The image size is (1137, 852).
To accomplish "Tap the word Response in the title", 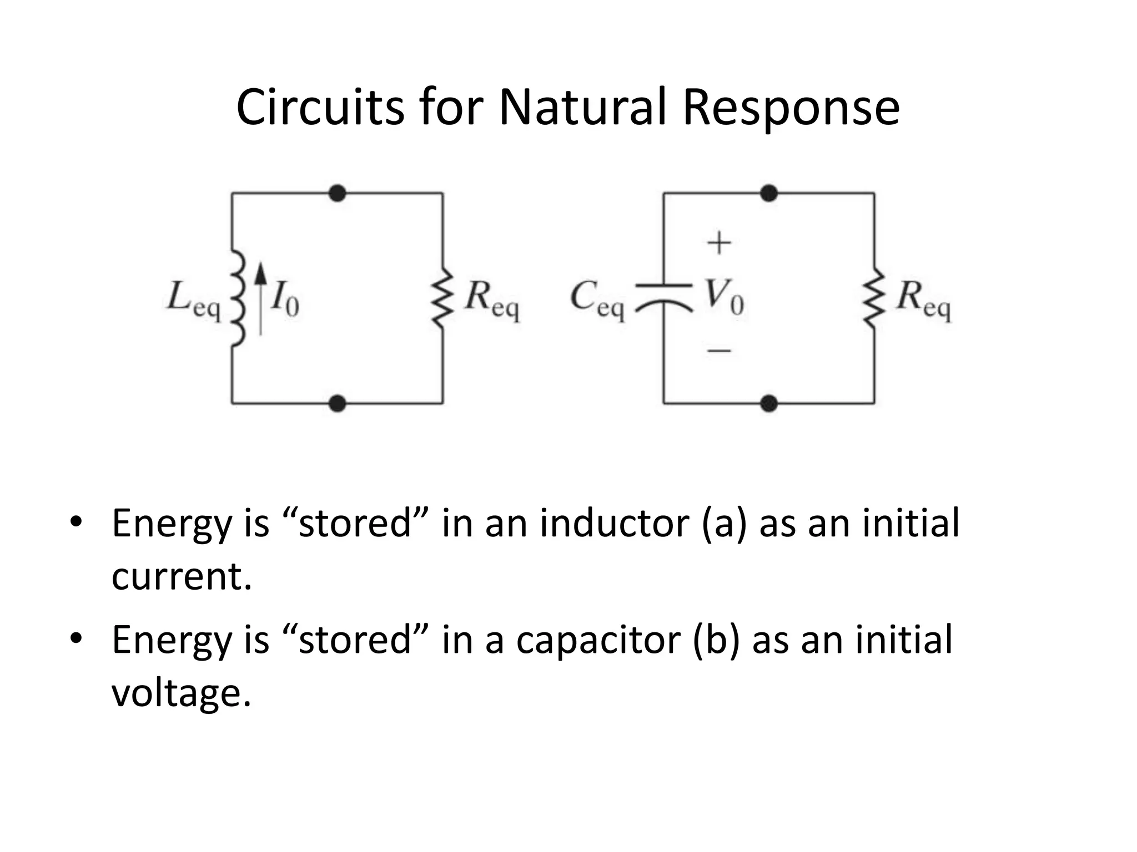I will (791, 108).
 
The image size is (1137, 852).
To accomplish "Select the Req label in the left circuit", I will (491, 300).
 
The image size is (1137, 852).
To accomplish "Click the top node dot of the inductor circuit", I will (337, 193).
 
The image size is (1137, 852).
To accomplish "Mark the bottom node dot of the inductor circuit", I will (337, 403).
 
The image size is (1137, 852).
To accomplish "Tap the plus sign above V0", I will (718, 243).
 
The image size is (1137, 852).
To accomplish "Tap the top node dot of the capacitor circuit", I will (768, 193).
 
